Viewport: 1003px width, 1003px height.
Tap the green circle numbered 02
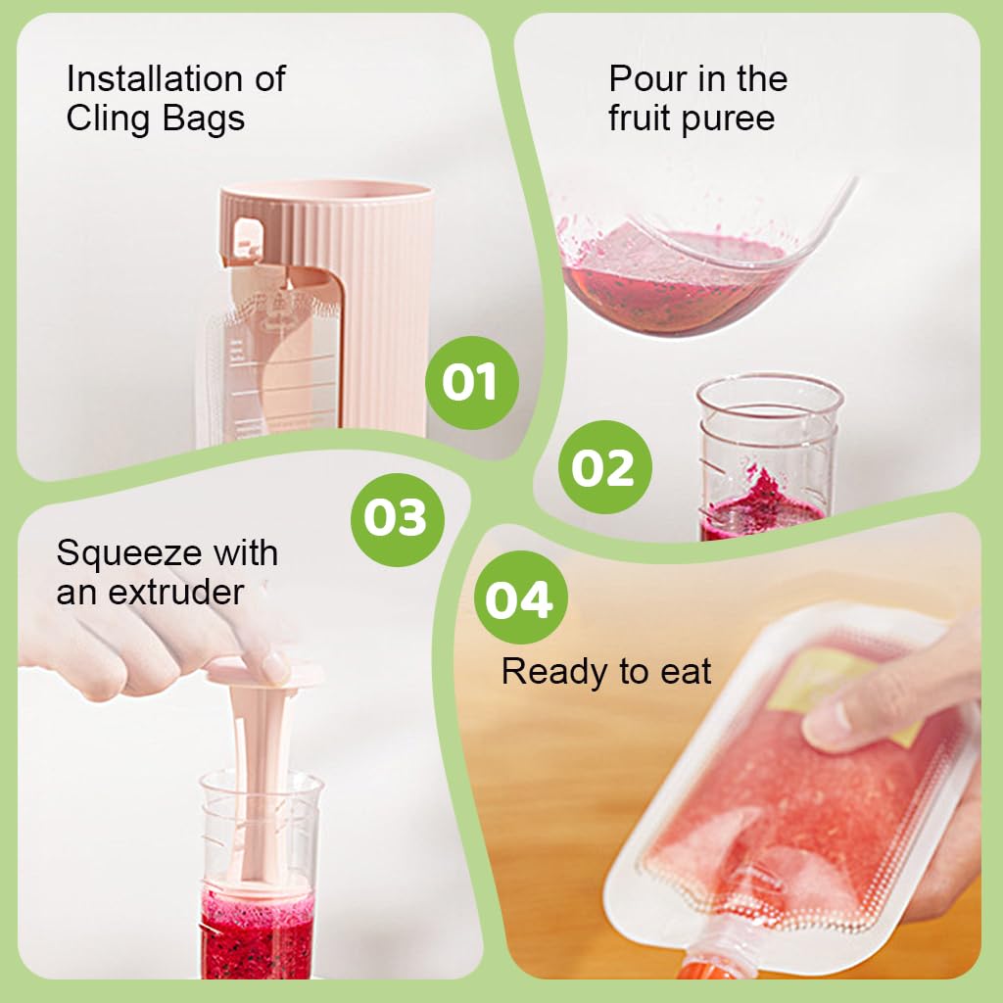click(x=603, y=468)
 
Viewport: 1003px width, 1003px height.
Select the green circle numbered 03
click(x=397, y=516)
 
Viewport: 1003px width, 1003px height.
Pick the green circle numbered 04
click(x=519, y=597)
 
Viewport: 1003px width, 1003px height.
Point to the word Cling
click(x=108, y=119)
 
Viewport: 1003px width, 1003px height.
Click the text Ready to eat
click(x=605, y=672)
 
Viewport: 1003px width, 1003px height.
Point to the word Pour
click(x=645, y=78)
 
